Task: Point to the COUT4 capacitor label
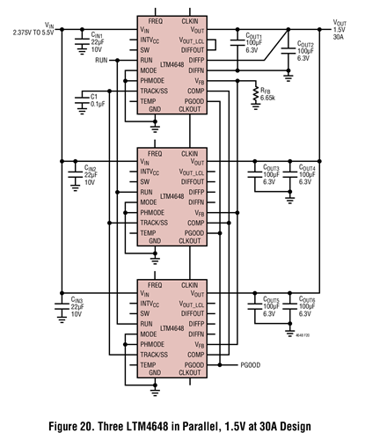(307, 167)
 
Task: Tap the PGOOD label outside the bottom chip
(251, 364)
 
